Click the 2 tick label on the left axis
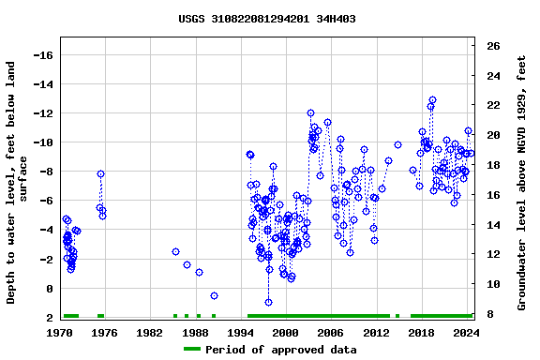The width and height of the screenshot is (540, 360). pyautogui.click(x=49, y=318)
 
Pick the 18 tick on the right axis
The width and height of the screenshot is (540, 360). pyautogui.click(x=493, y=165)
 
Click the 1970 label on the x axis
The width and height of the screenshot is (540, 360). pyautogui.click(x=60, y=333)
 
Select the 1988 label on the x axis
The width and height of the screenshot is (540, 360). pyautogui.click(x=195, y=333)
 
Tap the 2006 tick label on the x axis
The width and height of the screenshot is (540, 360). pyautogui.click(x=330, y=333)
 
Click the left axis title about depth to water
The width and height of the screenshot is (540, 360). pyautogui.click(x=19, y=182)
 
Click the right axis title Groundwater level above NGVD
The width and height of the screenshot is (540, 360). pyautogui.click(x=521, y=182)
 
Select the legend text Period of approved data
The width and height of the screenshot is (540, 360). pyautogui.click(x=281, y=350)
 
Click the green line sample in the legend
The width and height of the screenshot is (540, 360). pyautogui.click(x=191, y=350)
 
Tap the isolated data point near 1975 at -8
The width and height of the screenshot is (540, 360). pyautogui.click(x=100, y=173)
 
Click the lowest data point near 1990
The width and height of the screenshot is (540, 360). pyautogui.click(x=214, y=295)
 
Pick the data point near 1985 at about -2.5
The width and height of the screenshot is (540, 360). pyautogui.click(x=175, y=251)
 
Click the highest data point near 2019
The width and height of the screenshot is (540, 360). pyautogui.click(x=432, y=99)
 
